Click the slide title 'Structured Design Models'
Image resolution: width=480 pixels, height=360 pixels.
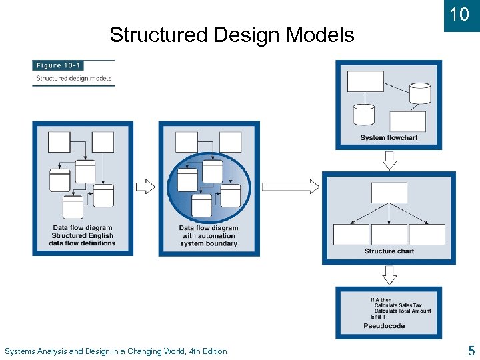tap(231, 35)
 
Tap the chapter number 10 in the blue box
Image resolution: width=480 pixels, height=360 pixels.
tap(459, 15)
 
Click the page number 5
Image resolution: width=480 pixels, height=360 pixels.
tap(471, 351)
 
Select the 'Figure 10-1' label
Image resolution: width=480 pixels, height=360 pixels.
tap(57, 65)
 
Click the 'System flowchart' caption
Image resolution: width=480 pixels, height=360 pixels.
tap(389, 138)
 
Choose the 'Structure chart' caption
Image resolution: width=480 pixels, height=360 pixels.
tap(389, 251)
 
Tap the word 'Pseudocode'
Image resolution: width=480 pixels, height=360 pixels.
tap(384, 326)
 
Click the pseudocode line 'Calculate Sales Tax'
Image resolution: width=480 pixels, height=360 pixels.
tap(398, 305)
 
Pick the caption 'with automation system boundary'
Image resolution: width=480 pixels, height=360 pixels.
tap(208, 239)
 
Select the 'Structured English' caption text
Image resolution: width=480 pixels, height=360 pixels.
tap(82, 235)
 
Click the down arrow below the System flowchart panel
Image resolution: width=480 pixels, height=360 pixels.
tap(389, 160)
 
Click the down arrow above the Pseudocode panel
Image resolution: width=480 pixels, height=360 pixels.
tap(389, 275)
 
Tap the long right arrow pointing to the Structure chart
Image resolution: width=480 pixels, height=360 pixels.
tap(290, 187)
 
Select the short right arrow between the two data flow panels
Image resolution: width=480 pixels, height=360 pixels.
tap(145, 187)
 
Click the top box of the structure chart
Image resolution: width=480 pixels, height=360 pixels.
tap(389, 193)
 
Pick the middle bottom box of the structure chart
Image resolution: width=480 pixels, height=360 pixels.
tap(389, 235)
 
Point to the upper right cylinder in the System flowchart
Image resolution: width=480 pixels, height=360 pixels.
tap(419, 93)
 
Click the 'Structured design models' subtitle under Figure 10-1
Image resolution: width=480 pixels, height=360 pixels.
tap(73, 78)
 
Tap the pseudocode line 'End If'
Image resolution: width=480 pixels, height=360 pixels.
tap(378, 317)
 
